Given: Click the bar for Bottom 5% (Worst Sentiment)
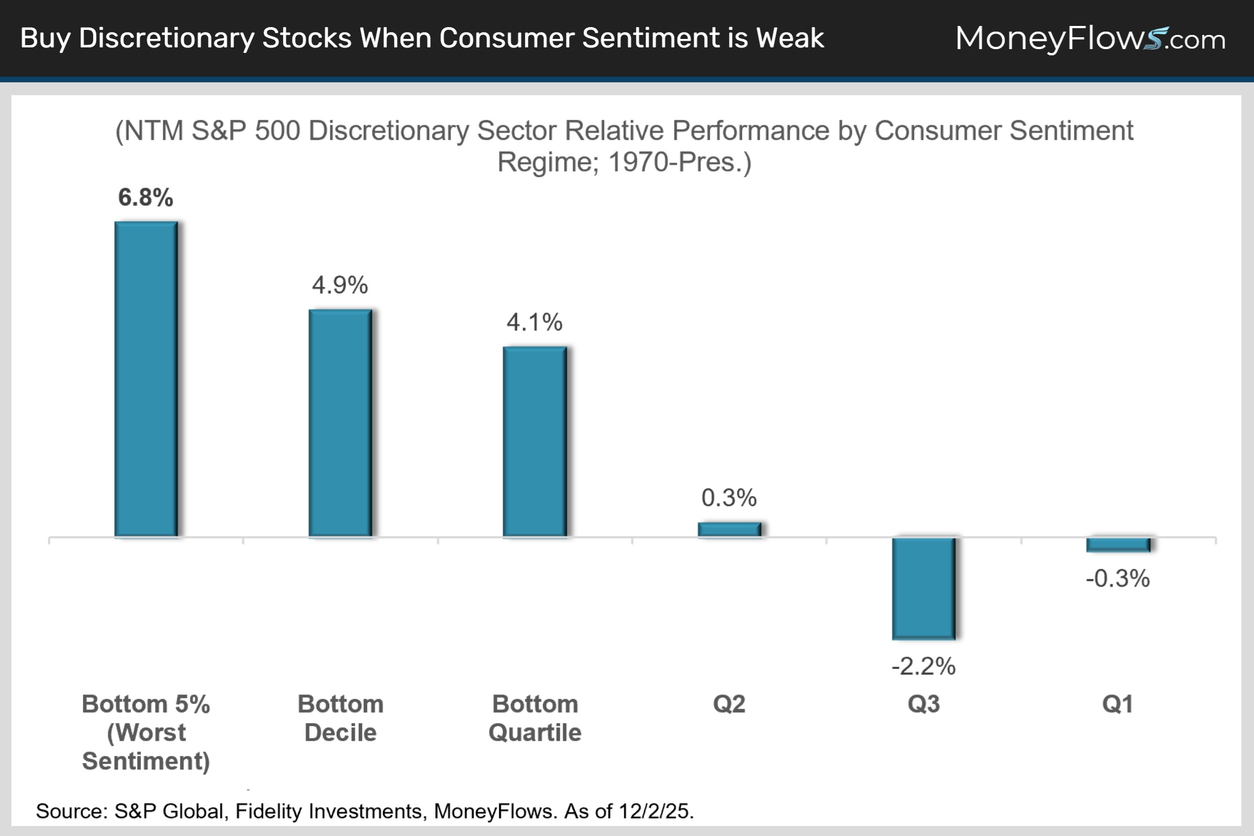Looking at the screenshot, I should click(x=146, y=379).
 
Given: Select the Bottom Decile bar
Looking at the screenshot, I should click(x=340, y=423).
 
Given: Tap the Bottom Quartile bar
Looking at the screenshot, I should click(x=535, y=441).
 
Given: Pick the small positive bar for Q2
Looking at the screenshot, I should click(x=729, y=529).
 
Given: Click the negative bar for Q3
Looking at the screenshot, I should click(x=924, y=588).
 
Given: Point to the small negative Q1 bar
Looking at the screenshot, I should click(x=1118, y=545).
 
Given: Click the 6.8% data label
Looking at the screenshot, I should click(x=145, y=197).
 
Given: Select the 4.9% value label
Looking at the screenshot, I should click(x=340, y=285).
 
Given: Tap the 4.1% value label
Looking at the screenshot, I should click(x=535, y=322).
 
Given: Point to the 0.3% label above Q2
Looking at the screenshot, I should click(x=729, y=498).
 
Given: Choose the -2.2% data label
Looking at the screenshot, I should click(x=924, y=666).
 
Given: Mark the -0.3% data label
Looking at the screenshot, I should click(x=1118, y=579).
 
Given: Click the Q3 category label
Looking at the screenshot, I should click(x=924, y=704).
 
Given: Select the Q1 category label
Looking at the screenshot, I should click(x=1118, y=704).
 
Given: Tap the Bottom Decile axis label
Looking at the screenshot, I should click(x=341, y=718).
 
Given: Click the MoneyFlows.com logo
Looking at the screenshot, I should click(x=1090, y=38).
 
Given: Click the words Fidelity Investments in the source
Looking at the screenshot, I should click(x=328, y=811).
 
